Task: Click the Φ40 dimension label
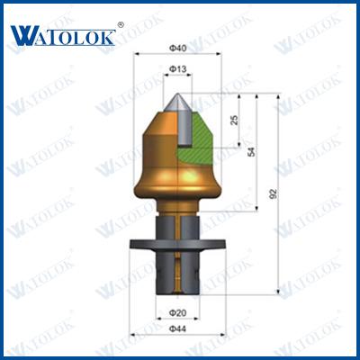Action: point(178,48)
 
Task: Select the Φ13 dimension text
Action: point(178,69)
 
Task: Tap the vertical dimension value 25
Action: point(235,120)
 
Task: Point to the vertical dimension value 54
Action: point(252,151)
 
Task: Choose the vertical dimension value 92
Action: point(274,193)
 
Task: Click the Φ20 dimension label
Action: point(178,313)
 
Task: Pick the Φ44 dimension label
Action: point(178,329)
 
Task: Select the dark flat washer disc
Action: point(177,244)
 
